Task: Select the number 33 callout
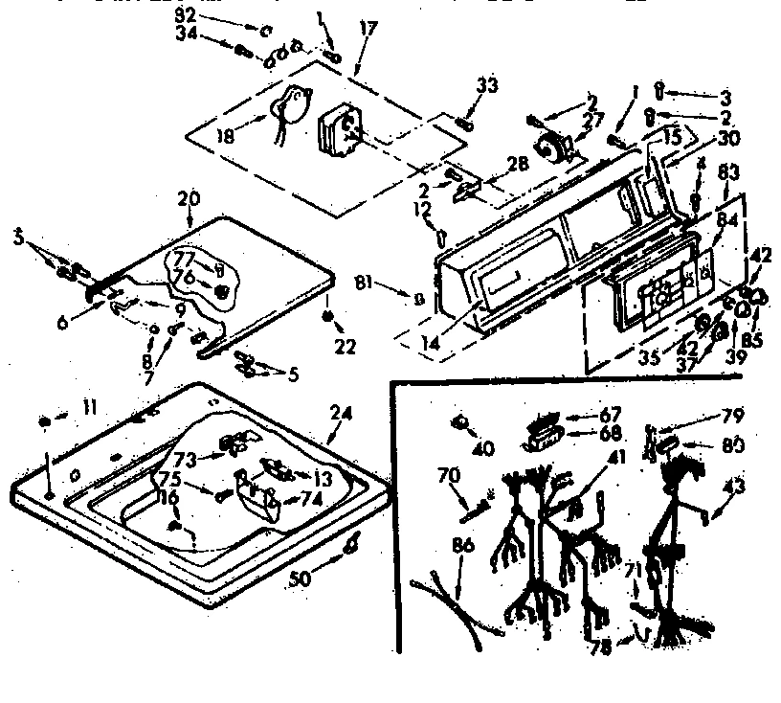[x=487, y=86]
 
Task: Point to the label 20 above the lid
[x=189, y=198]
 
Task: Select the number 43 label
[x=733, y=487]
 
